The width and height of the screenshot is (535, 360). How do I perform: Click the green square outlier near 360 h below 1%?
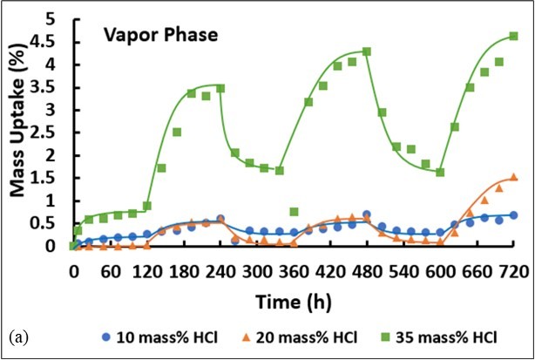click(x=295, y=212)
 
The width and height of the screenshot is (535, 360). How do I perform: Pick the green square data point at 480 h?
click(x=367, y=51)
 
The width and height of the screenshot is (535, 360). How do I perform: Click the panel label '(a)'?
click(x=16, y=336)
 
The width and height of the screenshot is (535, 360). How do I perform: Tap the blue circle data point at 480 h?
click(x=367, y=214)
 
